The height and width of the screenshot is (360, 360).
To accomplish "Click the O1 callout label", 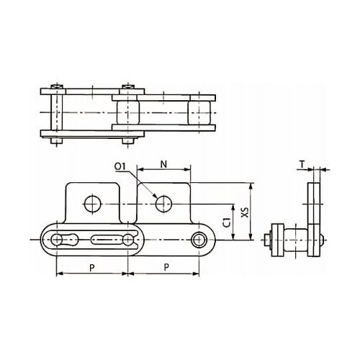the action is tap(120, 166).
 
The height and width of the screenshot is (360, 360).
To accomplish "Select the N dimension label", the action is tap(163, 164).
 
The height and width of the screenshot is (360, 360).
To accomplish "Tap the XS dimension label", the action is tap(245, 212).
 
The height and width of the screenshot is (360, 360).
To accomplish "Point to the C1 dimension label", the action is tap(227, 222).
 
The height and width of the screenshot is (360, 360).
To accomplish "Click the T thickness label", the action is tap(302, 164).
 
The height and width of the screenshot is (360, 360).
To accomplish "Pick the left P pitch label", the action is tap(92, 268).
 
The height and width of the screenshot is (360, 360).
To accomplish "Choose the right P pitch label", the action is tap(166, 266).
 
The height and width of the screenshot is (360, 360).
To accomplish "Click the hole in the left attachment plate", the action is tap(93, 204).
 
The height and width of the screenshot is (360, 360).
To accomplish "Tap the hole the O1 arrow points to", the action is tap(163, 204).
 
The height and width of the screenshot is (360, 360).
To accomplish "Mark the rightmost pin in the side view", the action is tap(199, 240).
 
